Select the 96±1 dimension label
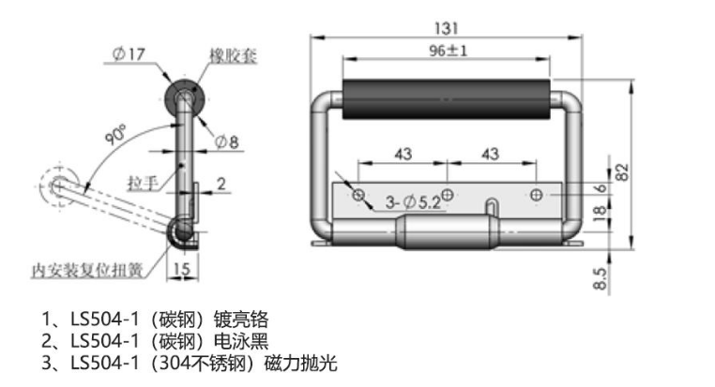[x=448, y=52]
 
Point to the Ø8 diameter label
[x=227, y=141]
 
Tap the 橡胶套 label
[x=232, y=56]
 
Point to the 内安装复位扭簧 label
[x=86, y=270]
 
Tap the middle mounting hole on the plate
[x=448, y=194]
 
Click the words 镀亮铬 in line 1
[x=242, y=318]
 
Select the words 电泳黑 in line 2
[x=242, y=339]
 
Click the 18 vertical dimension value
[x=601, y=214]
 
